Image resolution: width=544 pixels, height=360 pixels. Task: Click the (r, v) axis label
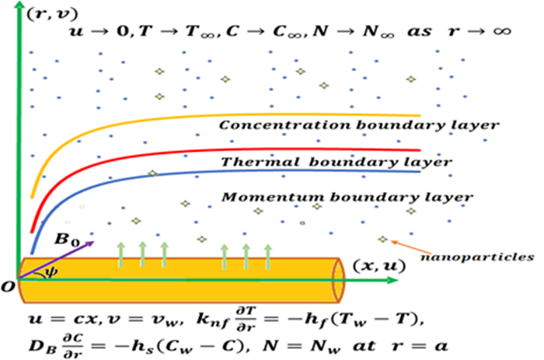47,13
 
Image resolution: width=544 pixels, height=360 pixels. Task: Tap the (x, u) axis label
378,267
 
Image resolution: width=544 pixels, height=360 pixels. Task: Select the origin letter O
9,287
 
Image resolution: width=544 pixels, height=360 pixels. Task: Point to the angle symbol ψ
51,272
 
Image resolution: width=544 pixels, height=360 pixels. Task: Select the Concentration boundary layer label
358,124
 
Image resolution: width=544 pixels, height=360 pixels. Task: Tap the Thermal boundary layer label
336,163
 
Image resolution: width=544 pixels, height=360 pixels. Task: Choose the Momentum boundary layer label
347,197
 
